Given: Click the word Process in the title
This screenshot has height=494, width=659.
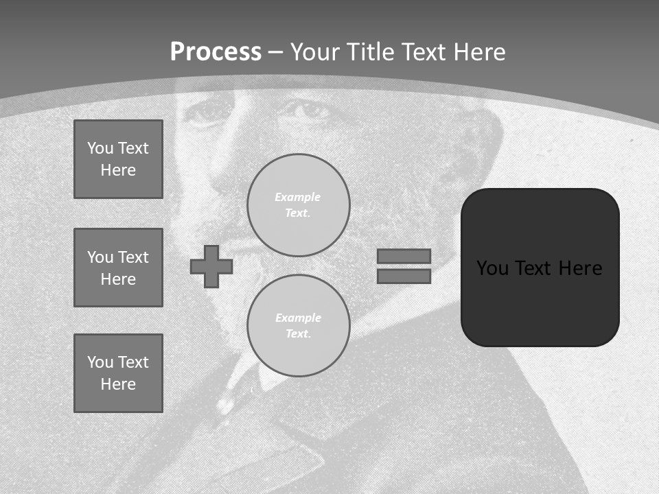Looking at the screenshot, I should [x=216, y=52].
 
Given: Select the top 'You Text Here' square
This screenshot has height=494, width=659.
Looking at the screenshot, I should [x=118, y=159].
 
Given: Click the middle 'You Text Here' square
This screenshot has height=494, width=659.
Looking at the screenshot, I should [x=118, y=268].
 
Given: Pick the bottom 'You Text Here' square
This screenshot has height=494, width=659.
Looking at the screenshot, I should [x=118, y=373].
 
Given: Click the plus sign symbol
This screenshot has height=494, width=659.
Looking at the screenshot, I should [x=211, y=266].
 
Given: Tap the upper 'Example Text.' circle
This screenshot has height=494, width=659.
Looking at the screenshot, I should [x=299, y=205].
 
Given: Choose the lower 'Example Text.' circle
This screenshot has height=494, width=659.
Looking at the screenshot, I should [x=299, y=326].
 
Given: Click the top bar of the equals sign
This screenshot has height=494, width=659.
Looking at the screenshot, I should [x=404, y=256].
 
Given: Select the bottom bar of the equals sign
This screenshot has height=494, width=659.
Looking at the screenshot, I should [x=404, y=277].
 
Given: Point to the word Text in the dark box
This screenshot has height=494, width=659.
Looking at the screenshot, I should [x=534, y=268].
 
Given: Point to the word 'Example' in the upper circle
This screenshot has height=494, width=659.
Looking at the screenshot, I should [x=297, y=197].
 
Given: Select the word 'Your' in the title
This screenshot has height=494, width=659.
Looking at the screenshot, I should [x=312, y=52].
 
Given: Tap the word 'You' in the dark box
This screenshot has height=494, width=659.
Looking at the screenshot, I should [x=492, y=268].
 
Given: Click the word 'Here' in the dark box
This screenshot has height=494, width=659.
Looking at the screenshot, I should [x=580, y=268].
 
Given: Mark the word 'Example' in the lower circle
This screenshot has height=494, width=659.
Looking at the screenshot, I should [x=298, y=318].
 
